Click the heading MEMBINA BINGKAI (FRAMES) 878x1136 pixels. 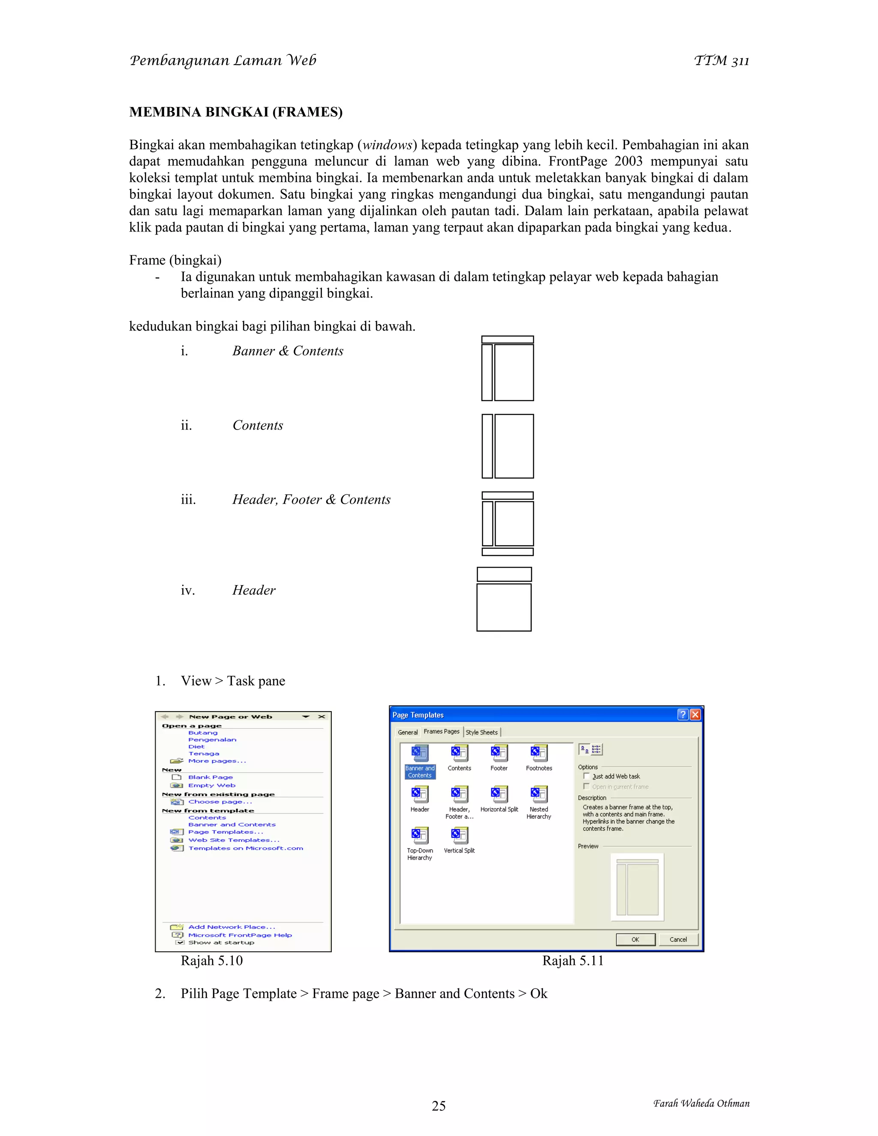tap(236, 112)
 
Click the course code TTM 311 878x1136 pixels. tap(721, 61)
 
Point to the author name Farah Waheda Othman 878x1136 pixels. tap(701, 1103)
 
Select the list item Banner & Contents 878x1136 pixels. tap(288, 351)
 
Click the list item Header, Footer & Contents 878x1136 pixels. tap(311, 499)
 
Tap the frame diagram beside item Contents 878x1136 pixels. tap(508, 446)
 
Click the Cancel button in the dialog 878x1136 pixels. tap(678, 939)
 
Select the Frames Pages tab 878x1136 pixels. tap(441, 731)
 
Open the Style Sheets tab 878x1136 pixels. tap(481, 732)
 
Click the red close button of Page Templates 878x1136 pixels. tap(695, 715)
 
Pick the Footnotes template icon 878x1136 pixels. tap(539, 753)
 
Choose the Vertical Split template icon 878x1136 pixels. tap(459, 835)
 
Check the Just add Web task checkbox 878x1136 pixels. tap(587, 776)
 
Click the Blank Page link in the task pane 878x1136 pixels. tap(210, 777)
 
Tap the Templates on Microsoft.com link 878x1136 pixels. tap(246, 848)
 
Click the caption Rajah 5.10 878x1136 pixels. tap(212, 961)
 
